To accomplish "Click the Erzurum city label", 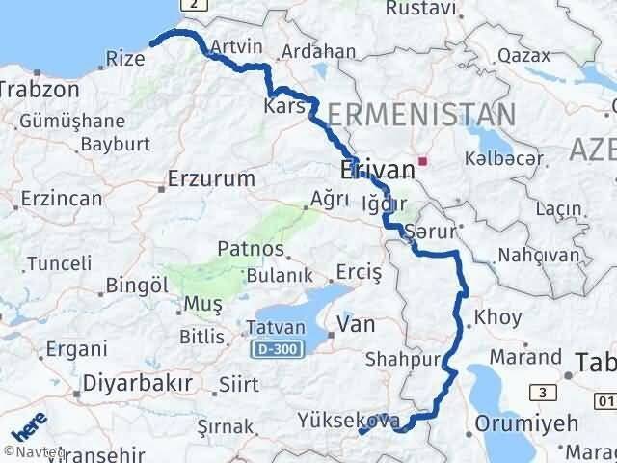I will click(210, 178).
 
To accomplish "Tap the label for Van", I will click(356, 325).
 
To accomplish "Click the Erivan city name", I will click(377, 171).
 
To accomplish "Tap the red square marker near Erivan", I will click(422, 161).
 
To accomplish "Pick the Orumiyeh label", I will click(527, 422).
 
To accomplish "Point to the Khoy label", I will click(498, 317).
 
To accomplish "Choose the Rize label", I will click(125, 59).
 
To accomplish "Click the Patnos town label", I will click(250, 249).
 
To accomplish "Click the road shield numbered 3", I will click(546, 392).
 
